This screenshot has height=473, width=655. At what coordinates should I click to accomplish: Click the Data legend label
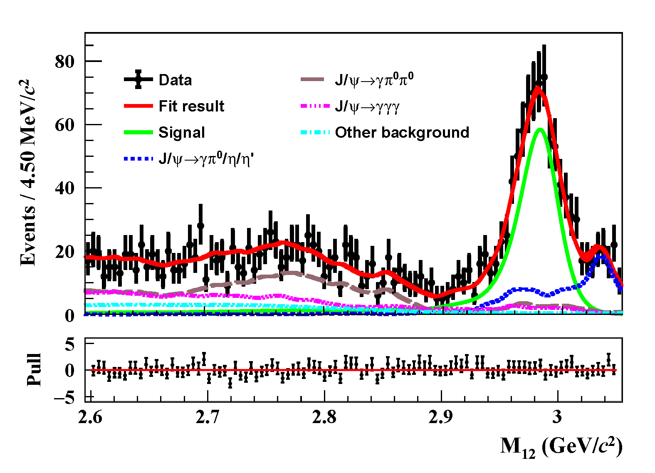175,80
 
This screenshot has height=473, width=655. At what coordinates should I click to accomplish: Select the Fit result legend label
191,106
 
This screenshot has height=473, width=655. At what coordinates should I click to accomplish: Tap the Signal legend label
182,133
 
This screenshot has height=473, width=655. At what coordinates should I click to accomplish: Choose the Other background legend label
402,132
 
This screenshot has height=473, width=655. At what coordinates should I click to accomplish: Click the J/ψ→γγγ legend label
367,106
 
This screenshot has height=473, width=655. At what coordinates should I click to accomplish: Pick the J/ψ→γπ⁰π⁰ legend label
374,79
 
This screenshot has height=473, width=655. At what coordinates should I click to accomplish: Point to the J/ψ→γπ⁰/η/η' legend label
206,159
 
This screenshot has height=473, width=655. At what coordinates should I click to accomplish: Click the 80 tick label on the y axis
64,62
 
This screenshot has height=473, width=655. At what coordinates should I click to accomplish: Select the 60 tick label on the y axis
64,125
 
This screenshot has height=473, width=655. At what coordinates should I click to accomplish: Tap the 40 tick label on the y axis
64,188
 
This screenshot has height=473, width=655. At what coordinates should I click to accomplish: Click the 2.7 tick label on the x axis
207,416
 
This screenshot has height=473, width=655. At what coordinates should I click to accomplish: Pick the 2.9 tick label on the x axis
441,416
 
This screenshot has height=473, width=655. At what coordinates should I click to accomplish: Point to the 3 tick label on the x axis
557,416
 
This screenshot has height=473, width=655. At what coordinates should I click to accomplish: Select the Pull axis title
34,369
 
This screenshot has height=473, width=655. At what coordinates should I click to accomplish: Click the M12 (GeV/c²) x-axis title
561,447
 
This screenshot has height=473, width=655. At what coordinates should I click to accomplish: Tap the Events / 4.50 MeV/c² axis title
28,173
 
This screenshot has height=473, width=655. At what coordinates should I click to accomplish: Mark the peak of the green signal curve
539,129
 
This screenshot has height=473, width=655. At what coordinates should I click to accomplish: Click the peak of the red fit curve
538,87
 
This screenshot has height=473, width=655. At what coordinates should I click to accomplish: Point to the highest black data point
544,77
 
